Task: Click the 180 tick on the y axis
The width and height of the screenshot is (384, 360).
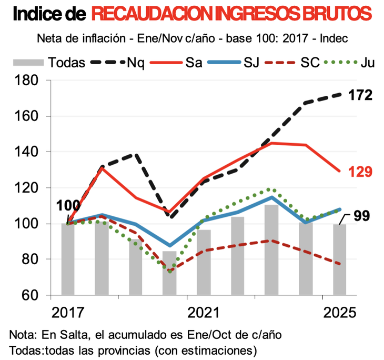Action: point(26,81)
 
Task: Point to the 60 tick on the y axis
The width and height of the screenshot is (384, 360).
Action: point(29,295)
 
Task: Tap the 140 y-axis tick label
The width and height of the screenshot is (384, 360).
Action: point(26,152)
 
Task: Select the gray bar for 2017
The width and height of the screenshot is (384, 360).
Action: point(68,259)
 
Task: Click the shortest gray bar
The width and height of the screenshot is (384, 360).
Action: point(169,273)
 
